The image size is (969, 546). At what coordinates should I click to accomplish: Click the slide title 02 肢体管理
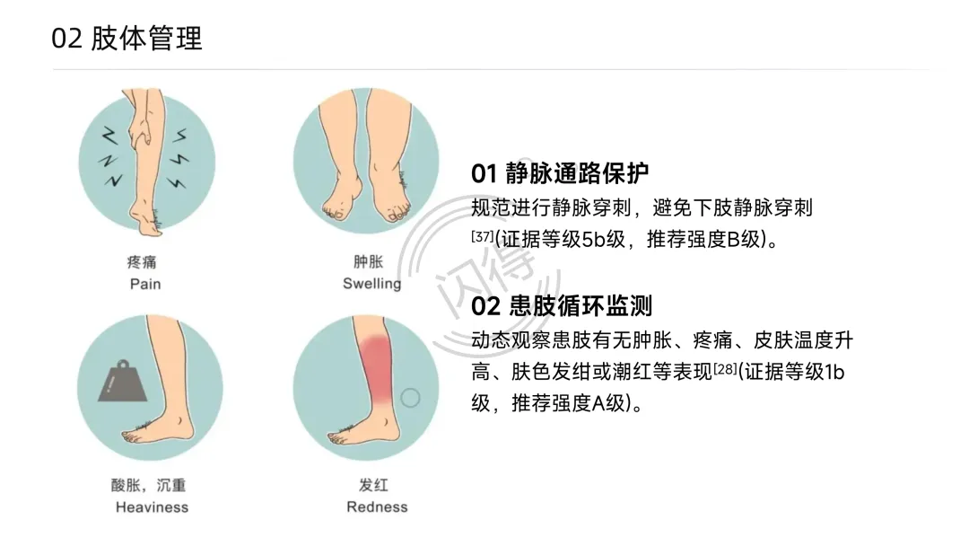click(x=127, y=39)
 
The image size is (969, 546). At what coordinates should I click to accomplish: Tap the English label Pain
click(x=145, y=284)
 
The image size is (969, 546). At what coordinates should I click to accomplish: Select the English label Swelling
click(x=372, y=284)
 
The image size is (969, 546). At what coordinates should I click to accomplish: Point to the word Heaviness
click(x=152, y=507)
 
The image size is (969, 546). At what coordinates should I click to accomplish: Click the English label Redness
click(x=377, y=507)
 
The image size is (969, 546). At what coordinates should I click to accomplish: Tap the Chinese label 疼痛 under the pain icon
click(x=142, y=262)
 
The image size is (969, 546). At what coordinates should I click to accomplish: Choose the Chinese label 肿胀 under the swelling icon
click(x=369, y=261)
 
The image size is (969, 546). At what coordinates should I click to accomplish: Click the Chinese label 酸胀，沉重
click(x=148, y=486)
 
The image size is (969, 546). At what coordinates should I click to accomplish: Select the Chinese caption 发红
click(x=373, y=486)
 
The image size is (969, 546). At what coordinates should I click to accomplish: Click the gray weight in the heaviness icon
click(x=122, y=383)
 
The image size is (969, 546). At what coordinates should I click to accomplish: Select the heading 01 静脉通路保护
click(x=560, y=173)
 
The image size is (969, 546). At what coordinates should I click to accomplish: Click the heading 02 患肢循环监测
click(x=562, y=306)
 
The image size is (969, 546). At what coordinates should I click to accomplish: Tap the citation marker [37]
click(x=483, y=237)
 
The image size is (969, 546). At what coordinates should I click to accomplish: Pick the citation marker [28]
click(x=726, y=369)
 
